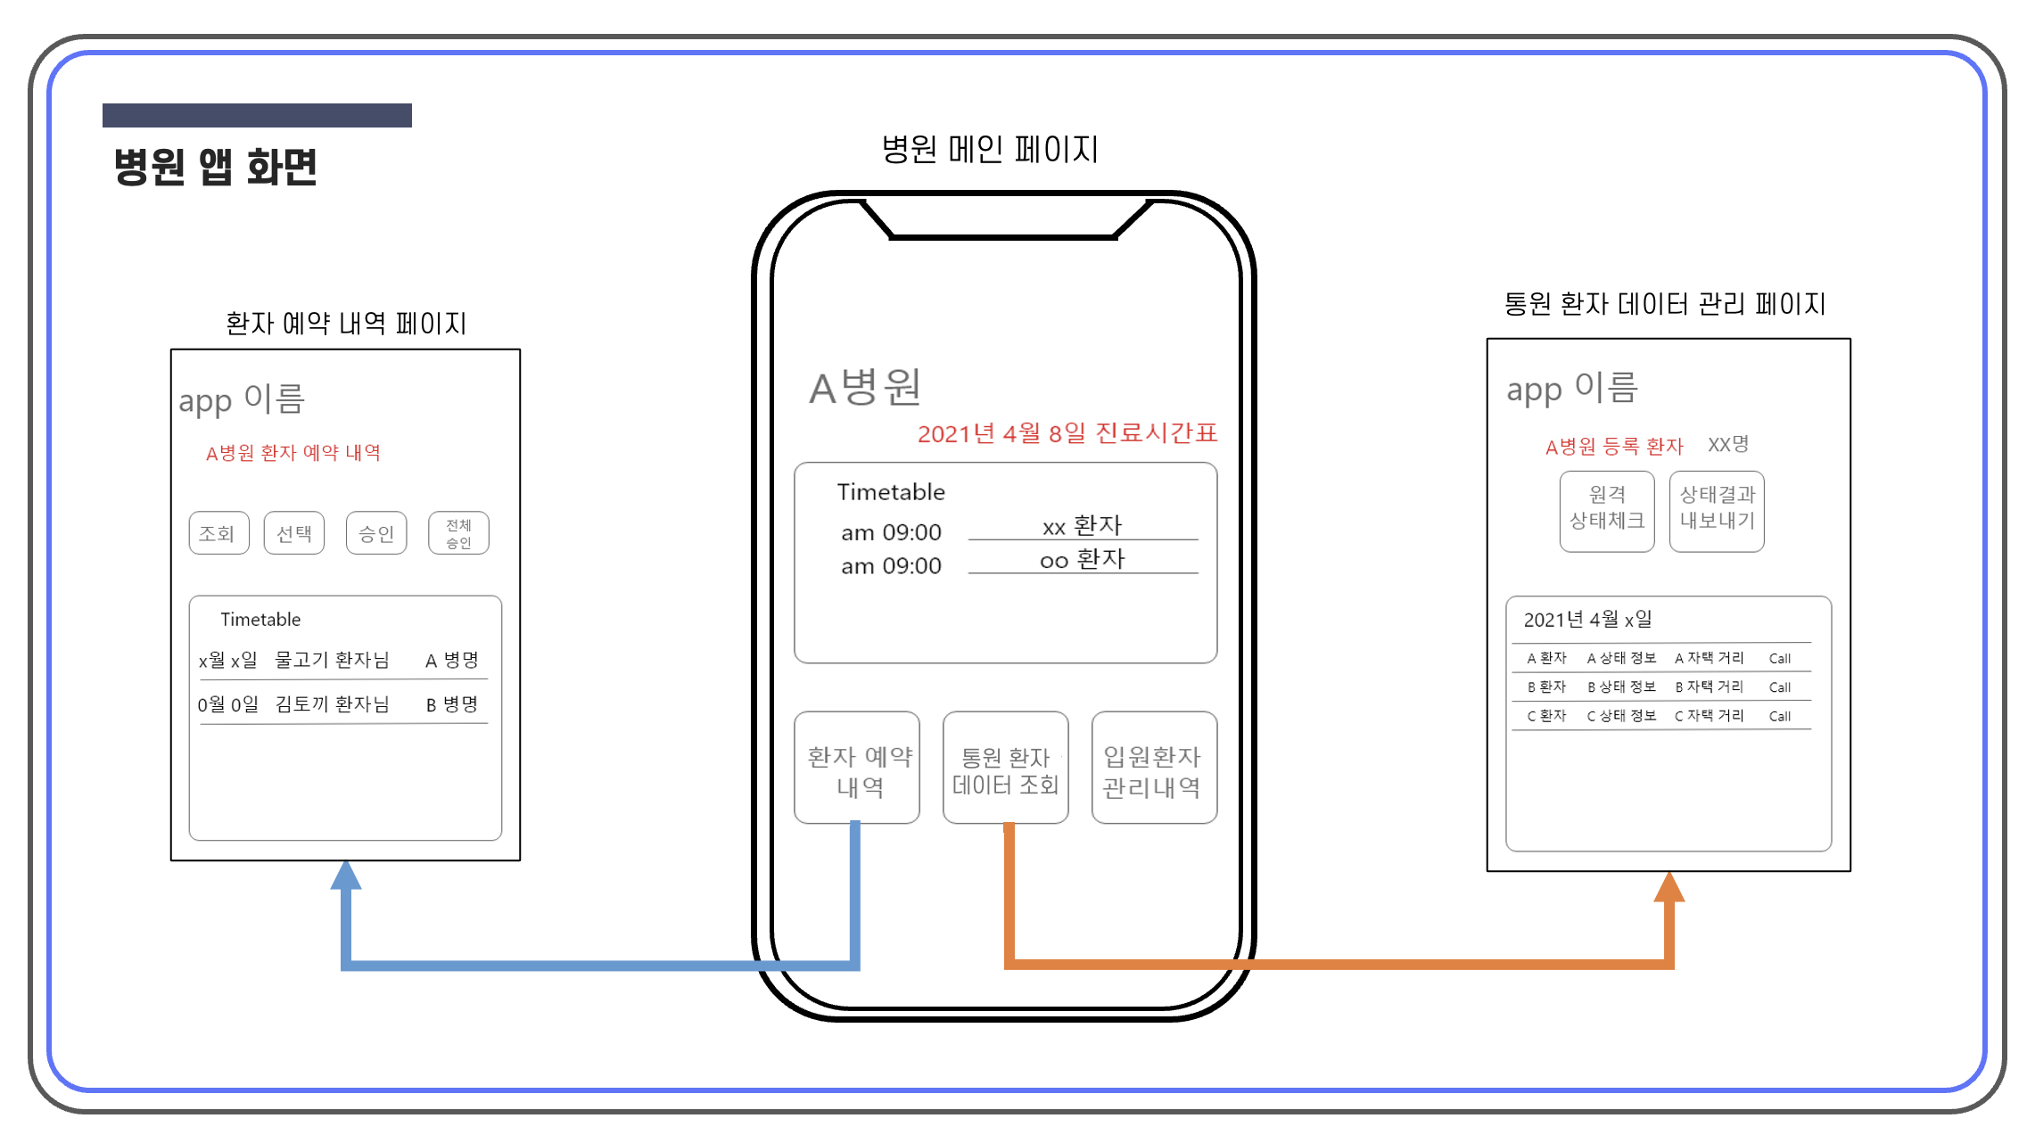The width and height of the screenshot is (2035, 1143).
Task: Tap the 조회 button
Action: tap(218, 533)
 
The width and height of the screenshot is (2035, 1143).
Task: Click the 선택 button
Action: tap(294, 533)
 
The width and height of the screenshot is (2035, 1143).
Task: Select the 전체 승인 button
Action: tap(458, 533)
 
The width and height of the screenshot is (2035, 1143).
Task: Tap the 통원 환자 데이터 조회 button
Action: tap(1005, 768)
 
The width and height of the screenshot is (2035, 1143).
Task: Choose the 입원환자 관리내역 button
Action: tap(1153, 768)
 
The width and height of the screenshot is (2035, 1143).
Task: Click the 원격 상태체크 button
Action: tap(1607, 511)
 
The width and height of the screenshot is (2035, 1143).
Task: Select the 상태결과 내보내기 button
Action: tap(1717, 511)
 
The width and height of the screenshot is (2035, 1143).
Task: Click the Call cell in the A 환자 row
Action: tap(1779, 659)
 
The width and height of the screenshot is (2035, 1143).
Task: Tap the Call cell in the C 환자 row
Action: tap(1779, 716)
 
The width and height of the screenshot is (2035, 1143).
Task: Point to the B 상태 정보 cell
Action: tap(1621, 687)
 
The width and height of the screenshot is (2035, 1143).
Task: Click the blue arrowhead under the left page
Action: tap(346, 876)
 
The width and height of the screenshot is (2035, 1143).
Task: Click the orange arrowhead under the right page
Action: tap(1669, 887)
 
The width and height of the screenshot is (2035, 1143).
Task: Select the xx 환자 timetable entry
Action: tap(1082, 526)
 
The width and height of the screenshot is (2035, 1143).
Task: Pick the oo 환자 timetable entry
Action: tap(1082, 560)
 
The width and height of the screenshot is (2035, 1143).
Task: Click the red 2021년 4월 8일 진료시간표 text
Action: tap(1067, 433)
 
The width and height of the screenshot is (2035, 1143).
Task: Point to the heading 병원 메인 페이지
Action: tap(990, 149)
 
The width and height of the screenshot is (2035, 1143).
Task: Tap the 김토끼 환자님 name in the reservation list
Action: tap(332, 704)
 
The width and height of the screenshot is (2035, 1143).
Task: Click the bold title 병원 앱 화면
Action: tap(215, 167)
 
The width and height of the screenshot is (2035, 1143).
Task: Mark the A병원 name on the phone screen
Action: tap(864, 388)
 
